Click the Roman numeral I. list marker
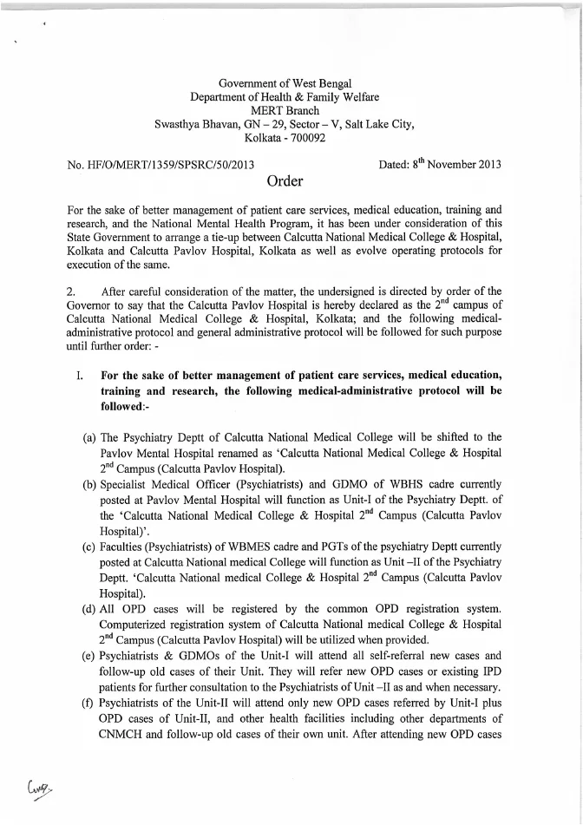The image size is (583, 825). click(79, 376)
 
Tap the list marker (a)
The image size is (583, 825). click(88, 436)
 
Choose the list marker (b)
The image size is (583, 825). click(88, 484)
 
